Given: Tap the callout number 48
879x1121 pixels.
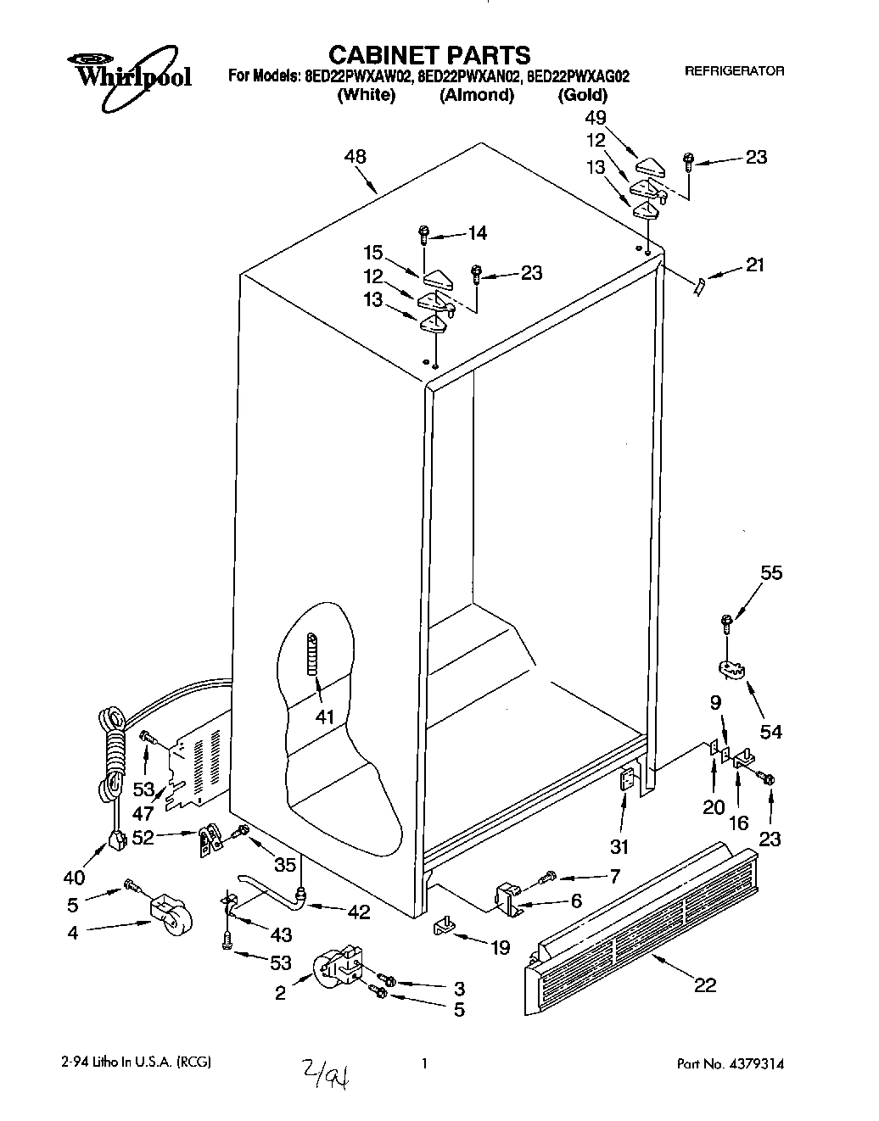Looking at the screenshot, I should coord(356,157).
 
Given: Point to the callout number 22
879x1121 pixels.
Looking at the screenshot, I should coord(704,984).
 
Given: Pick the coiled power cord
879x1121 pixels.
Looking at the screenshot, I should coord(112,755).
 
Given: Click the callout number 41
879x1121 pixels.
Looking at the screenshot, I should coord(325,717).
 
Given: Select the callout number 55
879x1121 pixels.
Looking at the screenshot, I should coord(770,573).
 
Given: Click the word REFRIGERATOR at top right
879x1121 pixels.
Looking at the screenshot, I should coord(734,71).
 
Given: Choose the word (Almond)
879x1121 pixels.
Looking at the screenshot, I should coord(477,95).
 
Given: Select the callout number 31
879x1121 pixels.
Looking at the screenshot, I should coord(621,847).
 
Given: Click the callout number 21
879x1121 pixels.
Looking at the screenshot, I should coord(753,265).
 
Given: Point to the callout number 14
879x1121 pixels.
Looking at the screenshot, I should coord(477,232).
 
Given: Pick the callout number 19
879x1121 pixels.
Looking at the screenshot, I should coord(500,946).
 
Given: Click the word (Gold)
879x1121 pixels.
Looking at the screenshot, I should coord(582,95).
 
